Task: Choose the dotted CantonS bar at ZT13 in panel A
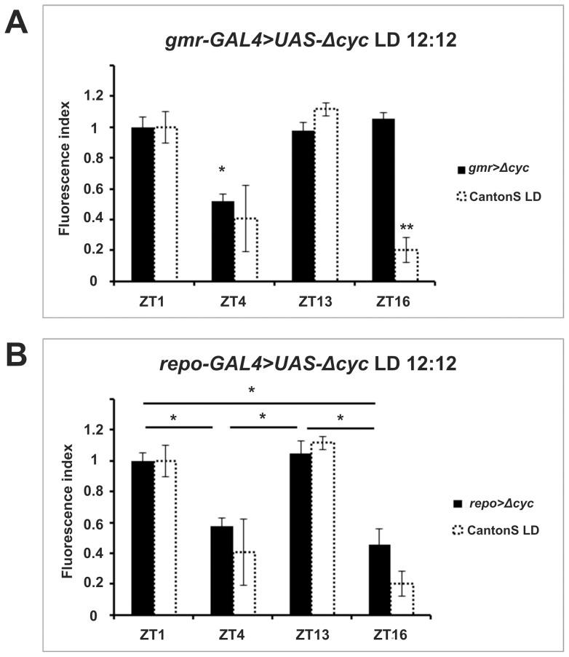(325, 194)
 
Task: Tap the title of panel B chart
(308, 363)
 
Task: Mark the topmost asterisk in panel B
(252, 391)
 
